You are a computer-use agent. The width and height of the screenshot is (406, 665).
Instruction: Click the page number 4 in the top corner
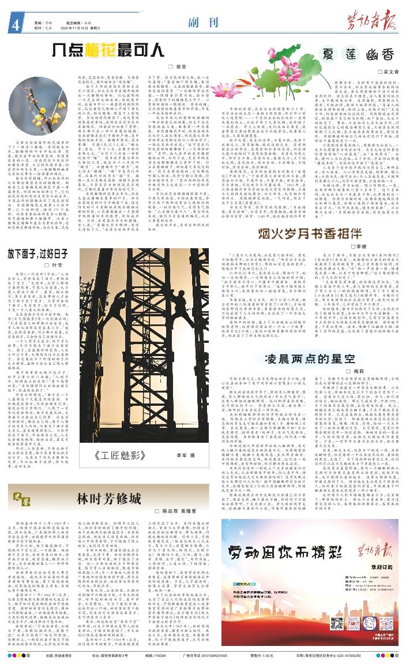(x=12, y=25)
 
